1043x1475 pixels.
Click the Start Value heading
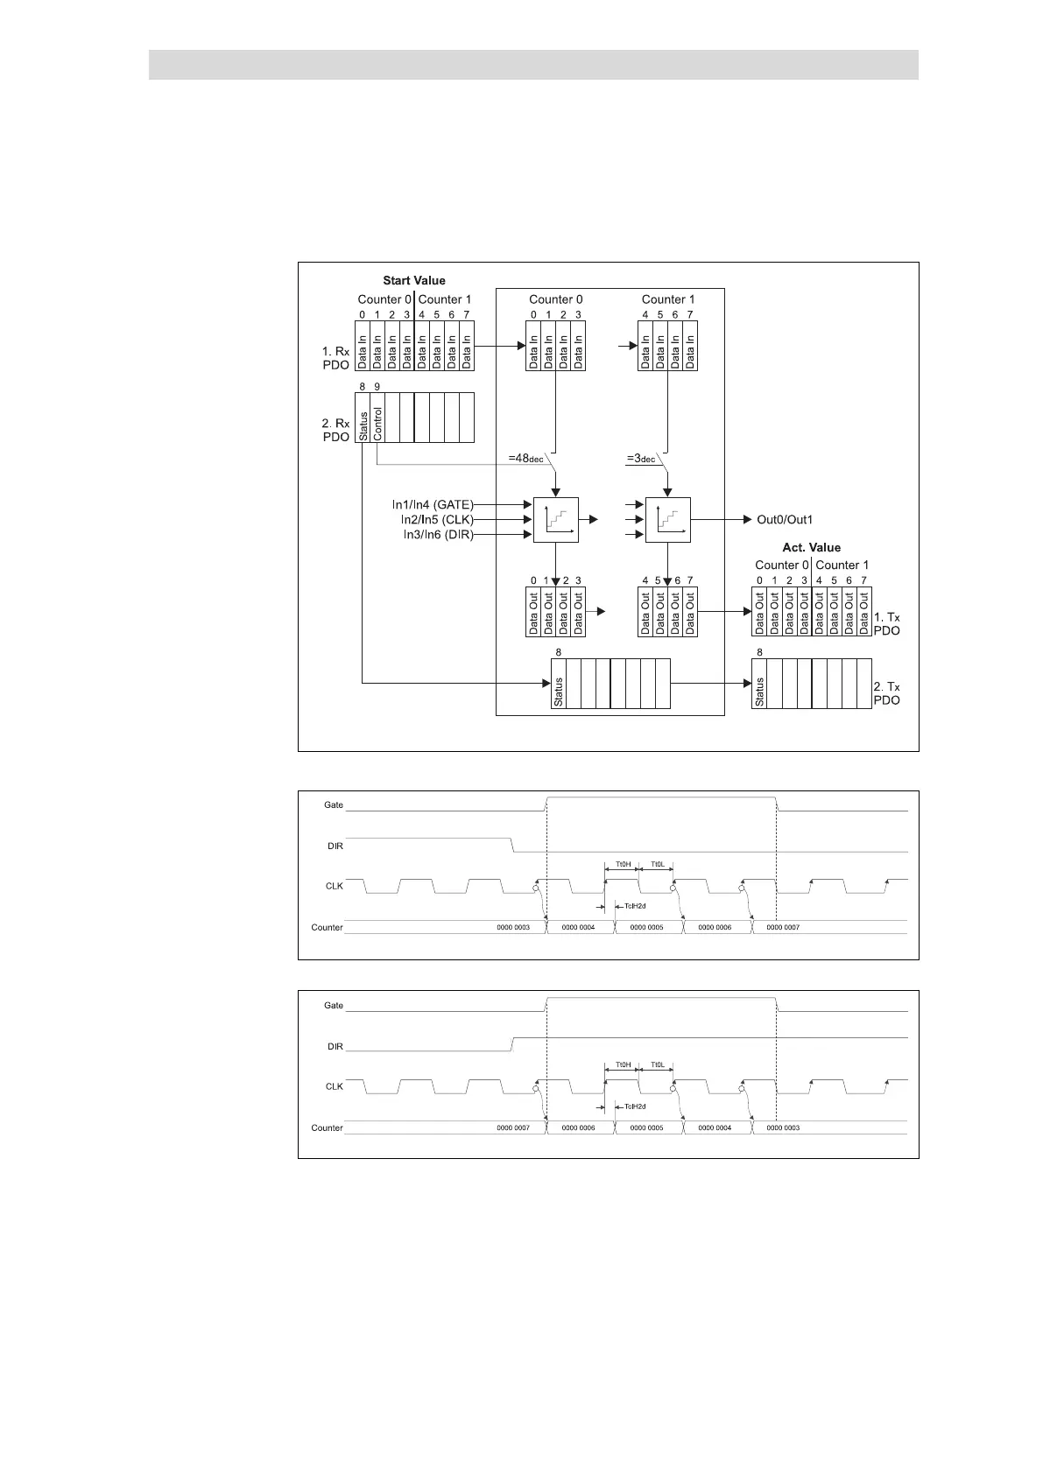[413, 281]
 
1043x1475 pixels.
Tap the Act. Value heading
[811, 548]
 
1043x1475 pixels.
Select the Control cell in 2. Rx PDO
[378, 418]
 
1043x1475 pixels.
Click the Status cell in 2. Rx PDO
[363, 418]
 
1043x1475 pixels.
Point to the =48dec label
[525, 458]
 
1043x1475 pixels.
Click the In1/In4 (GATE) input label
[433, 505]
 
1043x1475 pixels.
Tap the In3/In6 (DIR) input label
[438, 535]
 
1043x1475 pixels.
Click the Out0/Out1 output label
[785, 520]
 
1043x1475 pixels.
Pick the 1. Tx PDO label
[886, 624]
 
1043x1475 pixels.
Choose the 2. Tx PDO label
[886, 694]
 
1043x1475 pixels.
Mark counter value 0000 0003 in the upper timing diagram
[513, 927]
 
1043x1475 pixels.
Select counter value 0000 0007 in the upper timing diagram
[782, 927]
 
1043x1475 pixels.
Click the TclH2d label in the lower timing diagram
[635, 1106]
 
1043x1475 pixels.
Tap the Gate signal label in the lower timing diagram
[334, 1006]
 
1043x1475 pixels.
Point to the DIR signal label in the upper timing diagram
[335, 846]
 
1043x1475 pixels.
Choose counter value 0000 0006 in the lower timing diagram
[578, 1127]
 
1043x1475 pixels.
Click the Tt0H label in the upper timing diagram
[623, 864]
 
